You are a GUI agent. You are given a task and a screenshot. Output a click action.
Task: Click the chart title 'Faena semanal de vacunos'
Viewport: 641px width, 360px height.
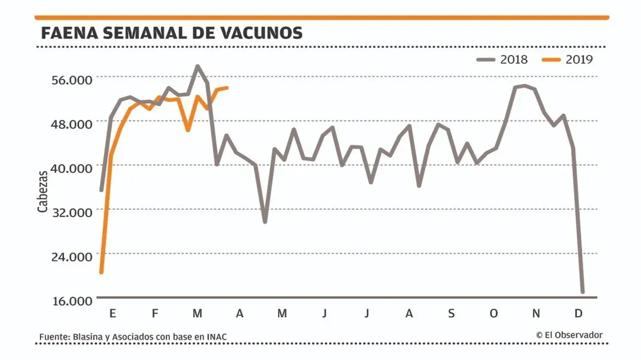click(171, 33)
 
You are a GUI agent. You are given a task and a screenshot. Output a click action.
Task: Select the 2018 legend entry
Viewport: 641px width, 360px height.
click(503, 60)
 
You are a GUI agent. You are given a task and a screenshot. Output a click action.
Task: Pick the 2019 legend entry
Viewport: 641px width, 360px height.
click(568, 60)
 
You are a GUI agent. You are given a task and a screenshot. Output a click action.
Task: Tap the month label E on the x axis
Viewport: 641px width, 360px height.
click(113, 313)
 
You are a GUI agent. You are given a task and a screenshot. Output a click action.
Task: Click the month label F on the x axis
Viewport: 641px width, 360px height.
click(154, 313)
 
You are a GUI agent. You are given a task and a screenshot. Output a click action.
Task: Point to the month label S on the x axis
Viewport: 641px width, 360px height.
click(451, 313)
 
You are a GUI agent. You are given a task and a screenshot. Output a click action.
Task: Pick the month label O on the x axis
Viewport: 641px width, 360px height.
click(494, 313)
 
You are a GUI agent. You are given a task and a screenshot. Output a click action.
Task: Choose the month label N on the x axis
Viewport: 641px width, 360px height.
click(537, 313)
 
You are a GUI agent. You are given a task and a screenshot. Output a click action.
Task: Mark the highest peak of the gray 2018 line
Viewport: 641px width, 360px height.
click(197, 66)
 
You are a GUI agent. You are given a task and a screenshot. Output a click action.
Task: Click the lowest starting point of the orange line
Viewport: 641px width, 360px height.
click(101, 273)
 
